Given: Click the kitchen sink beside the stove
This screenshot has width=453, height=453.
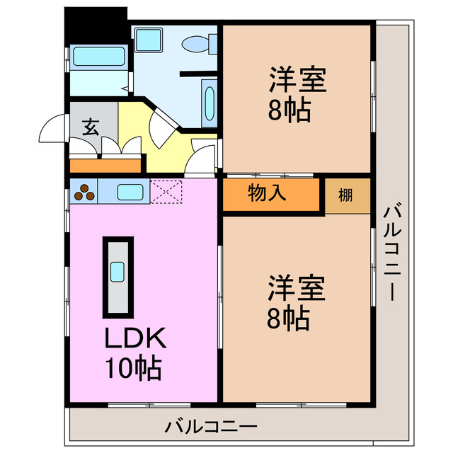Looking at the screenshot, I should tap(128, 190).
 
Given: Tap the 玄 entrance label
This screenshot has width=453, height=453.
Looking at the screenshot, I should tap(90, 127).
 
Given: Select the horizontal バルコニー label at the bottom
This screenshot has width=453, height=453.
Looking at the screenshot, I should tap(211, 428).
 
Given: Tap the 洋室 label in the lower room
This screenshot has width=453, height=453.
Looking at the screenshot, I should tap(296, 289).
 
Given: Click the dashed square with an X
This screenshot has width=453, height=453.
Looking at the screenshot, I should tap(166, 190).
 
